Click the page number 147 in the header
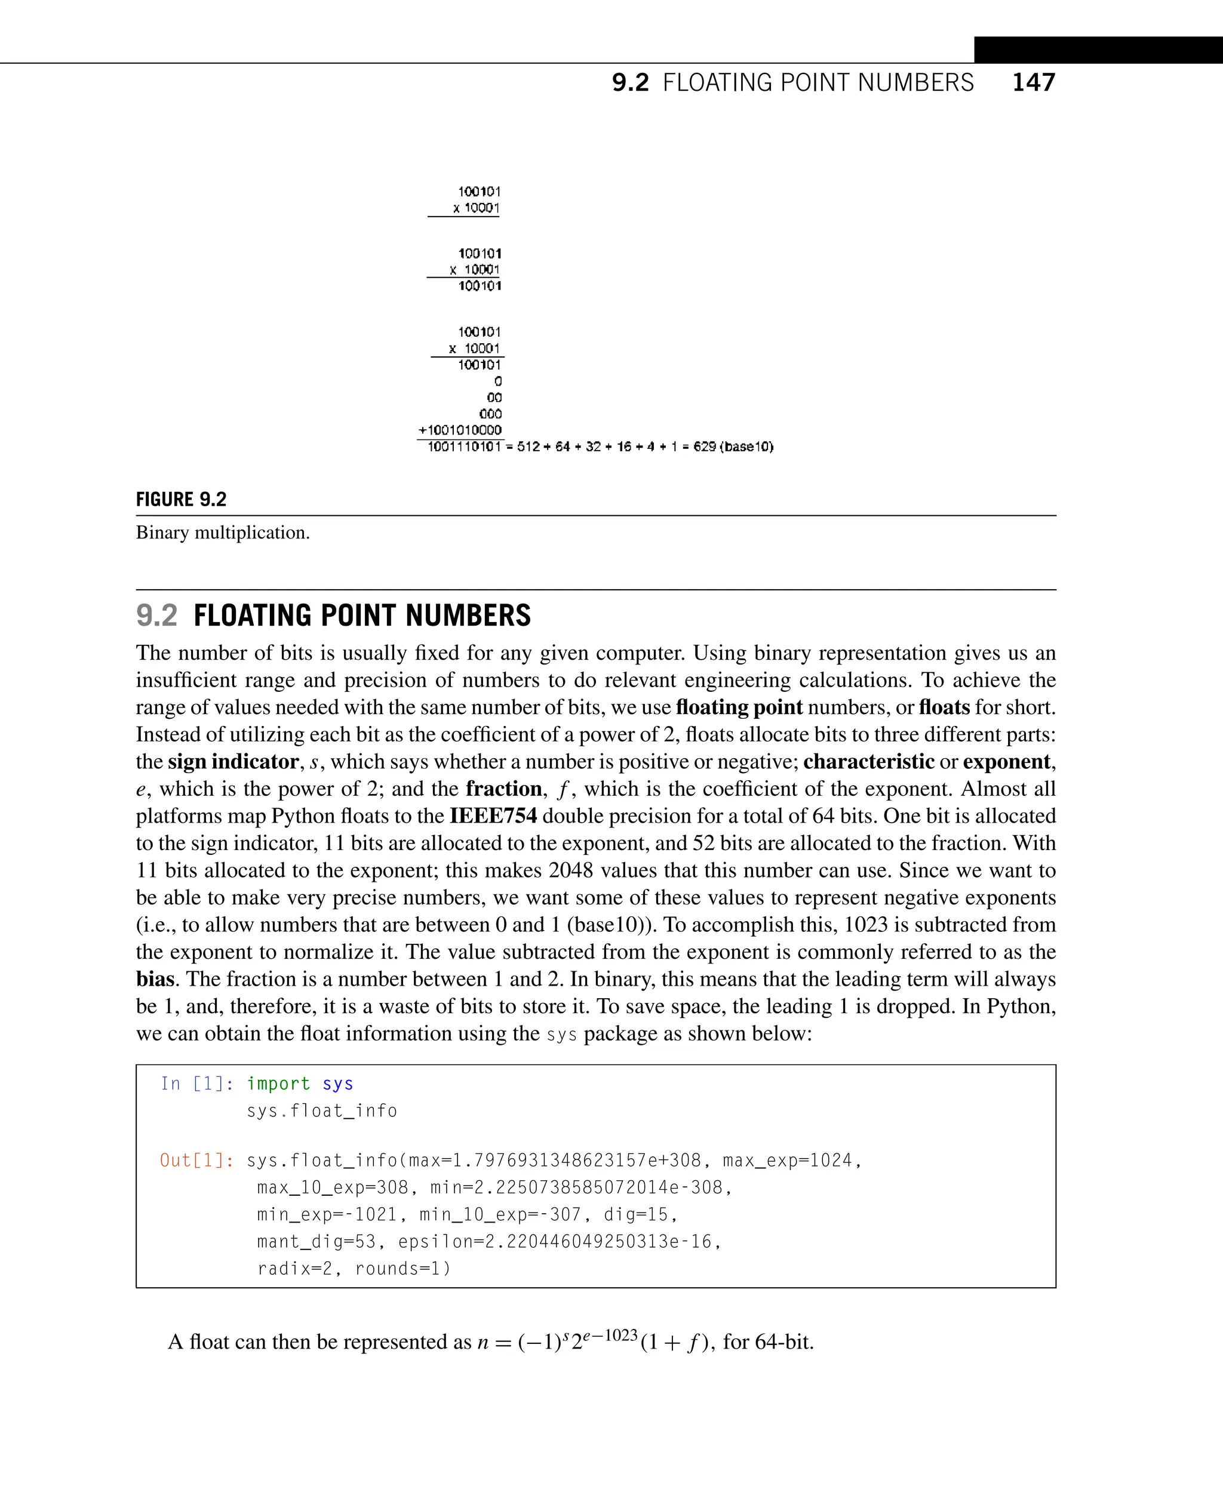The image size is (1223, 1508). [1034, 82]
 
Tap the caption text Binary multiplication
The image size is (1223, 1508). [223, 533]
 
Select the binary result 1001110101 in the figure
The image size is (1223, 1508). [464, 447]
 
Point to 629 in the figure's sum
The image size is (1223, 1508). [704, 447]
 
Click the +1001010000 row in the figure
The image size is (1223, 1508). [460, 430]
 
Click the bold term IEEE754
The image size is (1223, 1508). [493, 815]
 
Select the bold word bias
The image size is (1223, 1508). [155, 979]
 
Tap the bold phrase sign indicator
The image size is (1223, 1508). [233, 761]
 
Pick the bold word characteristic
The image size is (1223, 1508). [869, 761]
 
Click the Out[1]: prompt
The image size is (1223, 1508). [196, 1160]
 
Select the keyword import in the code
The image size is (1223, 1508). [278, 1084]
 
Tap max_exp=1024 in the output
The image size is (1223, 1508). [788, 1160]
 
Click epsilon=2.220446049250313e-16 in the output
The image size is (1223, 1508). [555, 1241]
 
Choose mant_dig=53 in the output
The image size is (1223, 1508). [316, 1241]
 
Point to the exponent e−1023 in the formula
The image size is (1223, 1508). [610, 1335]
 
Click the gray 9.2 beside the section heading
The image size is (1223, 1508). [156, 615]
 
